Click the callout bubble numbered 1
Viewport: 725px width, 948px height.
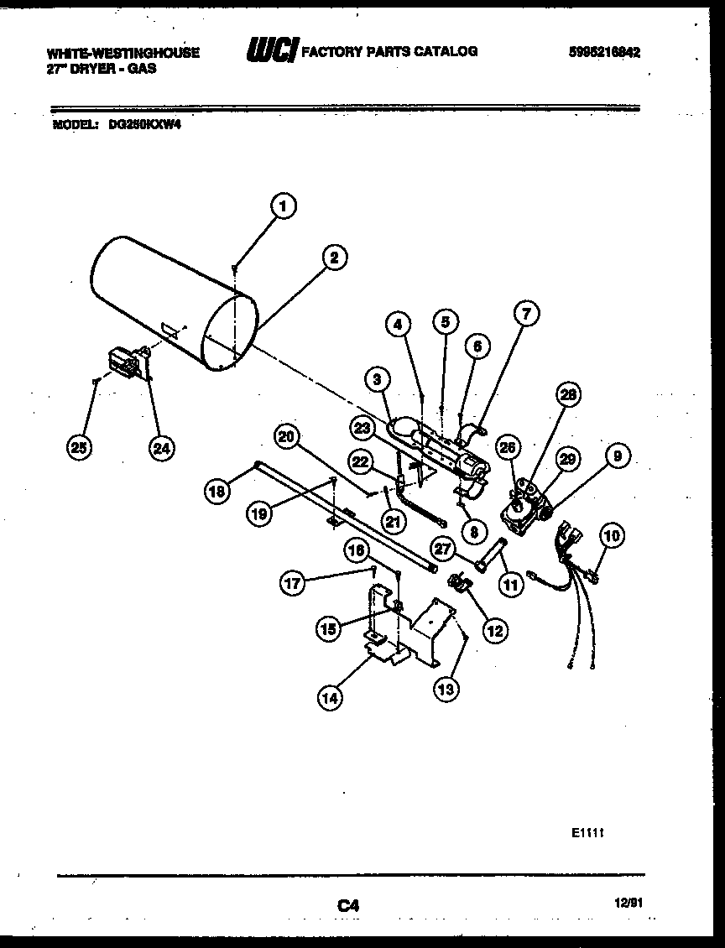(x=284, y=206)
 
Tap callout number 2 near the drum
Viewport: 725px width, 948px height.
(x=333, y=258)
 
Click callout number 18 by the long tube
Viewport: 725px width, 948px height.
(x=217, y=492)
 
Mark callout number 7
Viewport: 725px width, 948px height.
(x=526, y=315)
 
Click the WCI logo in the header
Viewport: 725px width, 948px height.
(x=270, y=52)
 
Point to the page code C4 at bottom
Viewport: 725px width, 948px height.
(x=348, y=905)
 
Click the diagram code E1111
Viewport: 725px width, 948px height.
(x=588, y=835)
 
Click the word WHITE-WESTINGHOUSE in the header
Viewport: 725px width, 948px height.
(x=123, y=52)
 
